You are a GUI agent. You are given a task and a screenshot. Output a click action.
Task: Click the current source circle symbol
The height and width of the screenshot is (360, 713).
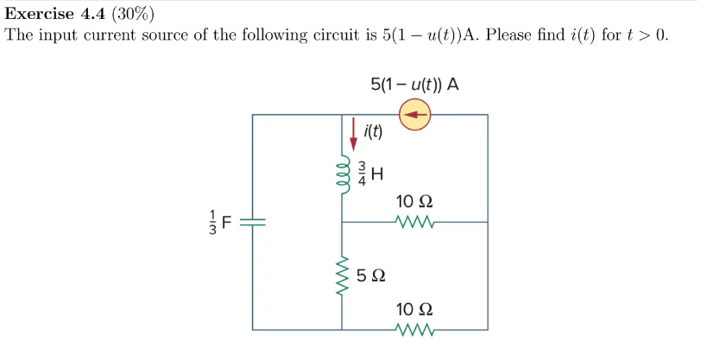pos(416,114)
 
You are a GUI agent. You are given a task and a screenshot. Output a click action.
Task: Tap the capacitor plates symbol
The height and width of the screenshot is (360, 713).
pos(253,222)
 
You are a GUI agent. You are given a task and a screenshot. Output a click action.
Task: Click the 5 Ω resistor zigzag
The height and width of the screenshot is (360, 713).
pos(343,276)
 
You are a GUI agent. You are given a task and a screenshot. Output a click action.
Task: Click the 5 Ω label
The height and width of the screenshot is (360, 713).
pos(372,277)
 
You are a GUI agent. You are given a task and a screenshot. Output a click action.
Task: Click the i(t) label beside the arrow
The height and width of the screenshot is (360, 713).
pos(374,132)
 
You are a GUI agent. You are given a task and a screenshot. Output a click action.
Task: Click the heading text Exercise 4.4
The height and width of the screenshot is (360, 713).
pos(55,14)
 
